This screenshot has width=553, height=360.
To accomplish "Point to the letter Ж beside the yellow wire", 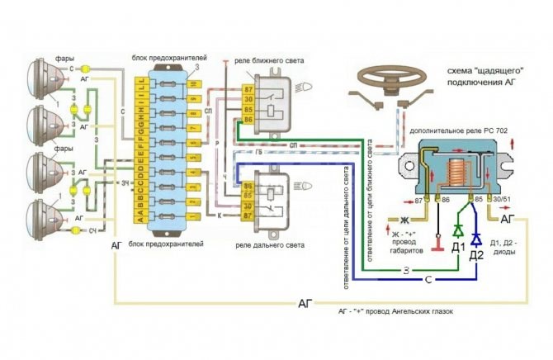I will tap(404, 221).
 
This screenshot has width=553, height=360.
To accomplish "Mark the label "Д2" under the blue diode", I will tap(476, 255).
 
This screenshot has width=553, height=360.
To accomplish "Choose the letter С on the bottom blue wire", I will tap(429, 282).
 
